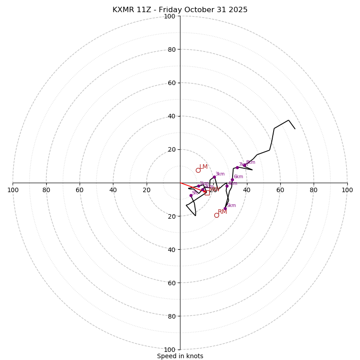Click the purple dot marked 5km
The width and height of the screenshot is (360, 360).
pos(225,208)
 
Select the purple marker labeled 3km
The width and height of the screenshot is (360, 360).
pos(214,177)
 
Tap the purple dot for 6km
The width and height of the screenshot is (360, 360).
pos(232,180)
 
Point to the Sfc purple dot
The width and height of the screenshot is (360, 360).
pos(191,195)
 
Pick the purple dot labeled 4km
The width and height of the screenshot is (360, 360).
pos(227,186)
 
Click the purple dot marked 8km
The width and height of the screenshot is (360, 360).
pos(244,165)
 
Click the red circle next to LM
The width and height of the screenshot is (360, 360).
pos(198,170)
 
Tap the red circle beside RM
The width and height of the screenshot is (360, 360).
pos(216,215)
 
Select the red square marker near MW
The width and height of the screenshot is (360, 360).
pos(207,193)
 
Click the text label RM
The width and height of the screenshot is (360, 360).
pos(222,212)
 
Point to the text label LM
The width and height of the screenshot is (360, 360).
pos(203,167)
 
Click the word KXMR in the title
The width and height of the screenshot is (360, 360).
pos(123,10)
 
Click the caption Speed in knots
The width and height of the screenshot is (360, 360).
pos(180,356)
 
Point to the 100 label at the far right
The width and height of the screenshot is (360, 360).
pos(347,190)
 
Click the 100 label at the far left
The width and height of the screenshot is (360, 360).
pos(13,190)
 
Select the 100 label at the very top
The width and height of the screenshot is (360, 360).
pos(170,16)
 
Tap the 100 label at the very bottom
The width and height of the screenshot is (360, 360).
pos(170,350)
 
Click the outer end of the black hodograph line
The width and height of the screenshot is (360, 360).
pos(295,129)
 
